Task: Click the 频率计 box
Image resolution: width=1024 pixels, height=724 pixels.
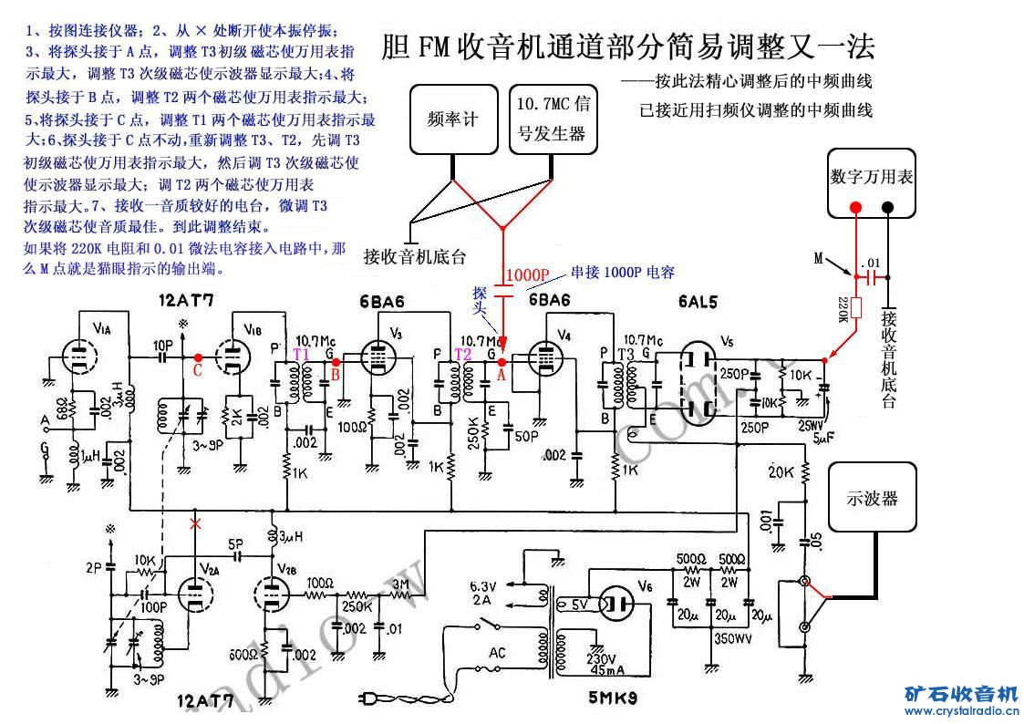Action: (452, 119)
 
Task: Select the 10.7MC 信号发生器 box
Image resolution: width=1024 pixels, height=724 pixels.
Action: (553, 119)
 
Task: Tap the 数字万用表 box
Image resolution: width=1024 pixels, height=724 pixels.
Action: (872, 178)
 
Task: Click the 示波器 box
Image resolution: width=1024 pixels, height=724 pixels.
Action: (872, 498)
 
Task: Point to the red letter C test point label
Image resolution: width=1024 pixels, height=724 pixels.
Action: (197, 370)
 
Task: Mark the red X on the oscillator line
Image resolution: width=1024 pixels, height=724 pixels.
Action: (193, 523)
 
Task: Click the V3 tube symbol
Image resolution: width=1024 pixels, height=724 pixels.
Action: (377, 357)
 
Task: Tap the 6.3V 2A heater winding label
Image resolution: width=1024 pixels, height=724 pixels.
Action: (484, 594)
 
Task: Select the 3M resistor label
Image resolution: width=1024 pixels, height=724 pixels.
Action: (398, 583)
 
